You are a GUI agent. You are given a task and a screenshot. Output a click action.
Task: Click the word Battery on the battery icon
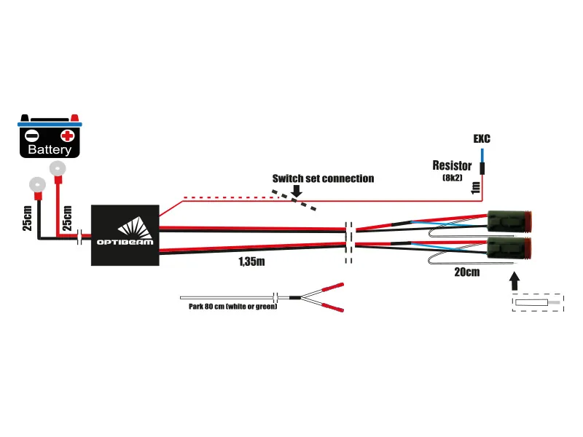click(x=50, y=150)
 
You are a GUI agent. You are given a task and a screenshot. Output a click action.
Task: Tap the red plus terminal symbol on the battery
click(x=68, y=135)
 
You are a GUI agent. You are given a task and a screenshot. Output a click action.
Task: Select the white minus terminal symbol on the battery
click(x=32, y=135)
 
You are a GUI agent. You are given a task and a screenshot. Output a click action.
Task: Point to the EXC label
click(x=482, y=138)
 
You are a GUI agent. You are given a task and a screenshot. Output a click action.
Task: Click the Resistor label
click(x=452, y=166)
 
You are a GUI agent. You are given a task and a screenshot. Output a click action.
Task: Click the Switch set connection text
click(x=323, y=178)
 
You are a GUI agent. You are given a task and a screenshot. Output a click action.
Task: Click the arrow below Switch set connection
click(x=296, y=192)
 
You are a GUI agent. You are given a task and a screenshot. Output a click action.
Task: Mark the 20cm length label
click(x=467, y=272)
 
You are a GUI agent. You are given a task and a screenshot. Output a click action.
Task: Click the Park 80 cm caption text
click(x=228, y=307)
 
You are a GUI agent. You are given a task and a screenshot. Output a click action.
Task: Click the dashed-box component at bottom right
click(x=538, y=302)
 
